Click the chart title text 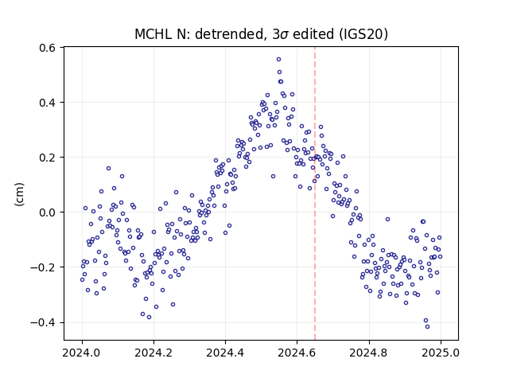pos(262,34)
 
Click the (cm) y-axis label pos(19,194)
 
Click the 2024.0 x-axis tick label pos(82,353)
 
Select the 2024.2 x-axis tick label pos(153,353)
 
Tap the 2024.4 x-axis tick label pos(225,353)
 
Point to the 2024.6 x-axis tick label pos(297,353)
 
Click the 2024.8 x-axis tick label pos(369,353)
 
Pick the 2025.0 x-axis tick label pos(441,353)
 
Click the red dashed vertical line pos(315,193)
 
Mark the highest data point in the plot pos(278,59)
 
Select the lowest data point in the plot pos(427,326)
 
